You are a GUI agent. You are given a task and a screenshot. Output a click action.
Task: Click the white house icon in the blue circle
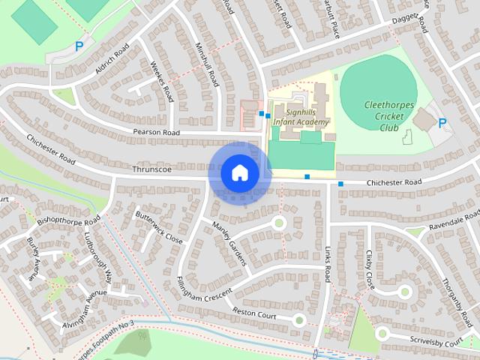tap(239, 172)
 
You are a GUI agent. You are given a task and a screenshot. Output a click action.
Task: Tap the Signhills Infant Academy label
tap(300, 115)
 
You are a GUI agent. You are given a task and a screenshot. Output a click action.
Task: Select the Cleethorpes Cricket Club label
tap(388, 117)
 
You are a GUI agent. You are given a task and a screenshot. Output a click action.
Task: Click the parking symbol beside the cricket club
tap(442, 123)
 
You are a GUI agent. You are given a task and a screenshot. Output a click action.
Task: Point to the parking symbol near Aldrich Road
tap(79, 46)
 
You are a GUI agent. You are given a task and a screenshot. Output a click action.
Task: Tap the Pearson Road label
tap(157, 133)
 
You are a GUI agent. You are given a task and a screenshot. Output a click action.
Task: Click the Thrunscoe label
tap(151, 169)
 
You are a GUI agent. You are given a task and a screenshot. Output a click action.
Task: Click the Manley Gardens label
tap(229, 244)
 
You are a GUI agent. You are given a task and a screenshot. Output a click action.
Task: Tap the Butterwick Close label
tap(159, 226)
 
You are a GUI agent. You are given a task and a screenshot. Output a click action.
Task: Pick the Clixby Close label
tap(369, 270)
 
